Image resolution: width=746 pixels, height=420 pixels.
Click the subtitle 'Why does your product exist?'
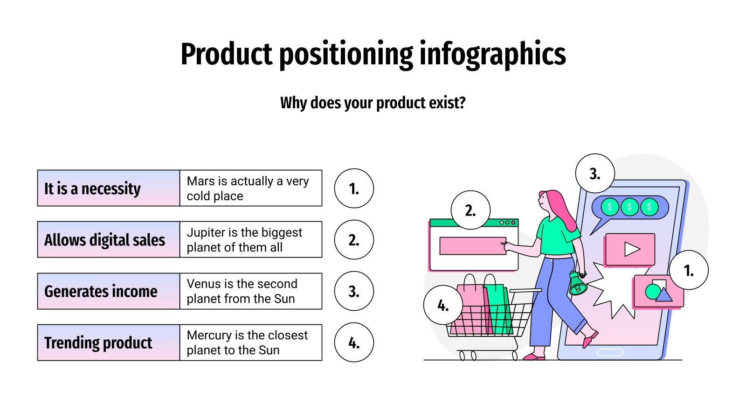click(373, 103)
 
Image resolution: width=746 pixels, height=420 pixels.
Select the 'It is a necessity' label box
click(108, 189)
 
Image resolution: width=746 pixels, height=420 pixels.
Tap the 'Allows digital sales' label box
click(108, 240)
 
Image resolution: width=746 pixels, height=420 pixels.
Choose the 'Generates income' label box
click(108, 291)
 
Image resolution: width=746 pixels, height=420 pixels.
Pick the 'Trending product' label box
click(108, 343)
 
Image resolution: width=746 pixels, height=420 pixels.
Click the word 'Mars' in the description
click(200, 181)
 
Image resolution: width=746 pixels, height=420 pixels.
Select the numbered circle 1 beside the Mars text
click(354, 189)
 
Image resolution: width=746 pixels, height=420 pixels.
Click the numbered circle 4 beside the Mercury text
click(354, 343)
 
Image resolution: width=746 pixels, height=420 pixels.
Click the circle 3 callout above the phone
click(594, 174)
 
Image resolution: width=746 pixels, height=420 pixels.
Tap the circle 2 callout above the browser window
click(470, 210)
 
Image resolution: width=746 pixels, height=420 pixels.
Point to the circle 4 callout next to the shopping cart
click(443, 305)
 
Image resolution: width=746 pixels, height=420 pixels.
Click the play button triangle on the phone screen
click(631, 249)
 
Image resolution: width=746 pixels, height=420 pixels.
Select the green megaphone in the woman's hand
click(577, 283)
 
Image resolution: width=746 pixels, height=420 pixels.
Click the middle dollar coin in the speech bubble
click(629, 207)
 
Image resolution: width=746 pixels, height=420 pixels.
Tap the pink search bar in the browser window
click(472, 246)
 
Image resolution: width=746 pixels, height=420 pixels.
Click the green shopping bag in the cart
click(498, 310)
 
